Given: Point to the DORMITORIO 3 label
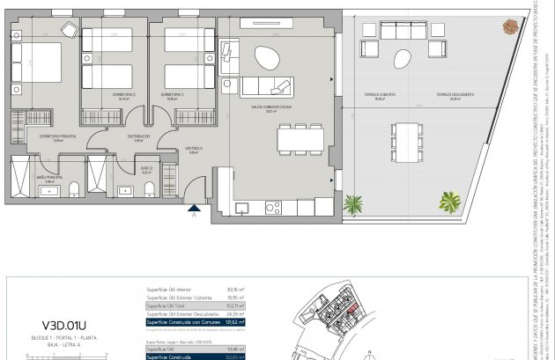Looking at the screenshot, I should [x=171, y=94].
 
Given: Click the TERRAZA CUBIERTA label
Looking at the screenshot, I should [x=381, y=95].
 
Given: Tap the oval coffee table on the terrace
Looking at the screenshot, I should [x=402, y=61].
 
